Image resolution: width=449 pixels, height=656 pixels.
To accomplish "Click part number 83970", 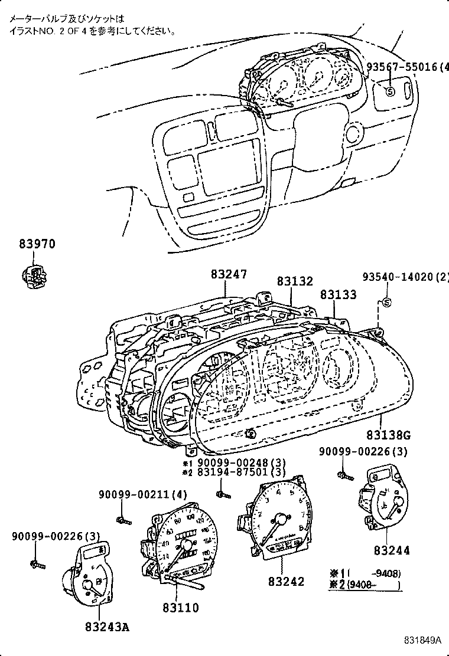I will pyautogui.click(x=36, y=244).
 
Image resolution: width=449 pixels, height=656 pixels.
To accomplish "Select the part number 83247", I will pyautogui.click(x=229, y=274).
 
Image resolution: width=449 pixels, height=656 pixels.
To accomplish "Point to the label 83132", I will pyautogui.click(x=295, y=283).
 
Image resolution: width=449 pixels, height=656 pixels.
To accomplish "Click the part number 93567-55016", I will pyautogui.click(x=402, y=67).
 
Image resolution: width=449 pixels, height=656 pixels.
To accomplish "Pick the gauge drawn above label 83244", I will pyautogui.click(x=383, y=498).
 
